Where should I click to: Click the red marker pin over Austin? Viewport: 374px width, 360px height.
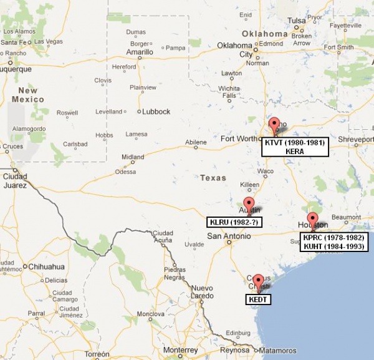[x=249, y=203]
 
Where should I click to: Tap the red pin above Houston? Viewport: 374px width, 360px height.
[x=312, y=219]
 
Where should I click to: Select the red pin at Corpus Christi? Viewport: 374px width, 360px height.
[x=257, y=281]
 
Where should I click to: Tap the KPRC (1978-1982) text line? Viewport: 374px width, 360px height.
[x=334, y=237]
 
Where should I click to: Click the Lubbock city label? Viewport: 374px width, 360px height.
[x=156, y=112]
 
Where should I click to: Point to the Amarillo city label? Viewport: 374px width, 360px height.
[x=140, y=52]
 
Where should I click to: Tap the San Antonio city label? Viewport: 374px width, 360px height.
[x=229, y=236]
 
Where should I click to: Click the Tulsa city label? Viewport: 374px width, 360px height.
[x=297, y=21]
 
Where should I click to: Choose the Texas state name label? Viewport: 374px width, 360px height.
[x=213, y=178]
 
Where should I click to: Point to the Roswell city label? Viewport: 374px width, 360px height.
[x=67, y=113]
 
